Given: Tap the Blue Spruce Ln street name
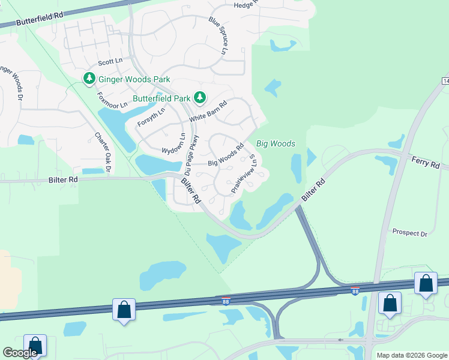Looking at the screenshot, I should coord(217,35).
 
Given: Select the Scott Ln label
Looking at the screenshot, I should coord(110,62).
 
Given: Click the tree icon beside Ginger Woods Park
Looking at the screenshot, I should coord(89,79).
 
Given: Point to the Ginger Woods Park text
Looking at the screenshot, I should coord(134,79).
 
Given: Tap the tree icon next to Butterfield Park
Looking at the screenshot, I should coord(200,97).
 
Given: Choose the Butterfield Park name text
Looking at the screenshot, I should coord(161,98).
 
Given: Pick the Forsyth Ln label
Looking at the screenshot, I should coord(151,115).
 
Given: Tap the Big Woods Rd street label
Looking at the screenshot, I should coord(225,155).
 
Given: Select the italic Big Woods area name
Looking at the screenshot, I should coord(276,144).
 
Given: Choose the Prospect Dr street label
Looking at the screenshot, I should coord(409,232).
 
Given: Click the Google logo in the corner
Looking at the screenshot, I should coord(20,353).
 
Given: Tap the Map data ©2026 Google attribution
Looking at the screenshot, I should coord(411,355).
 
